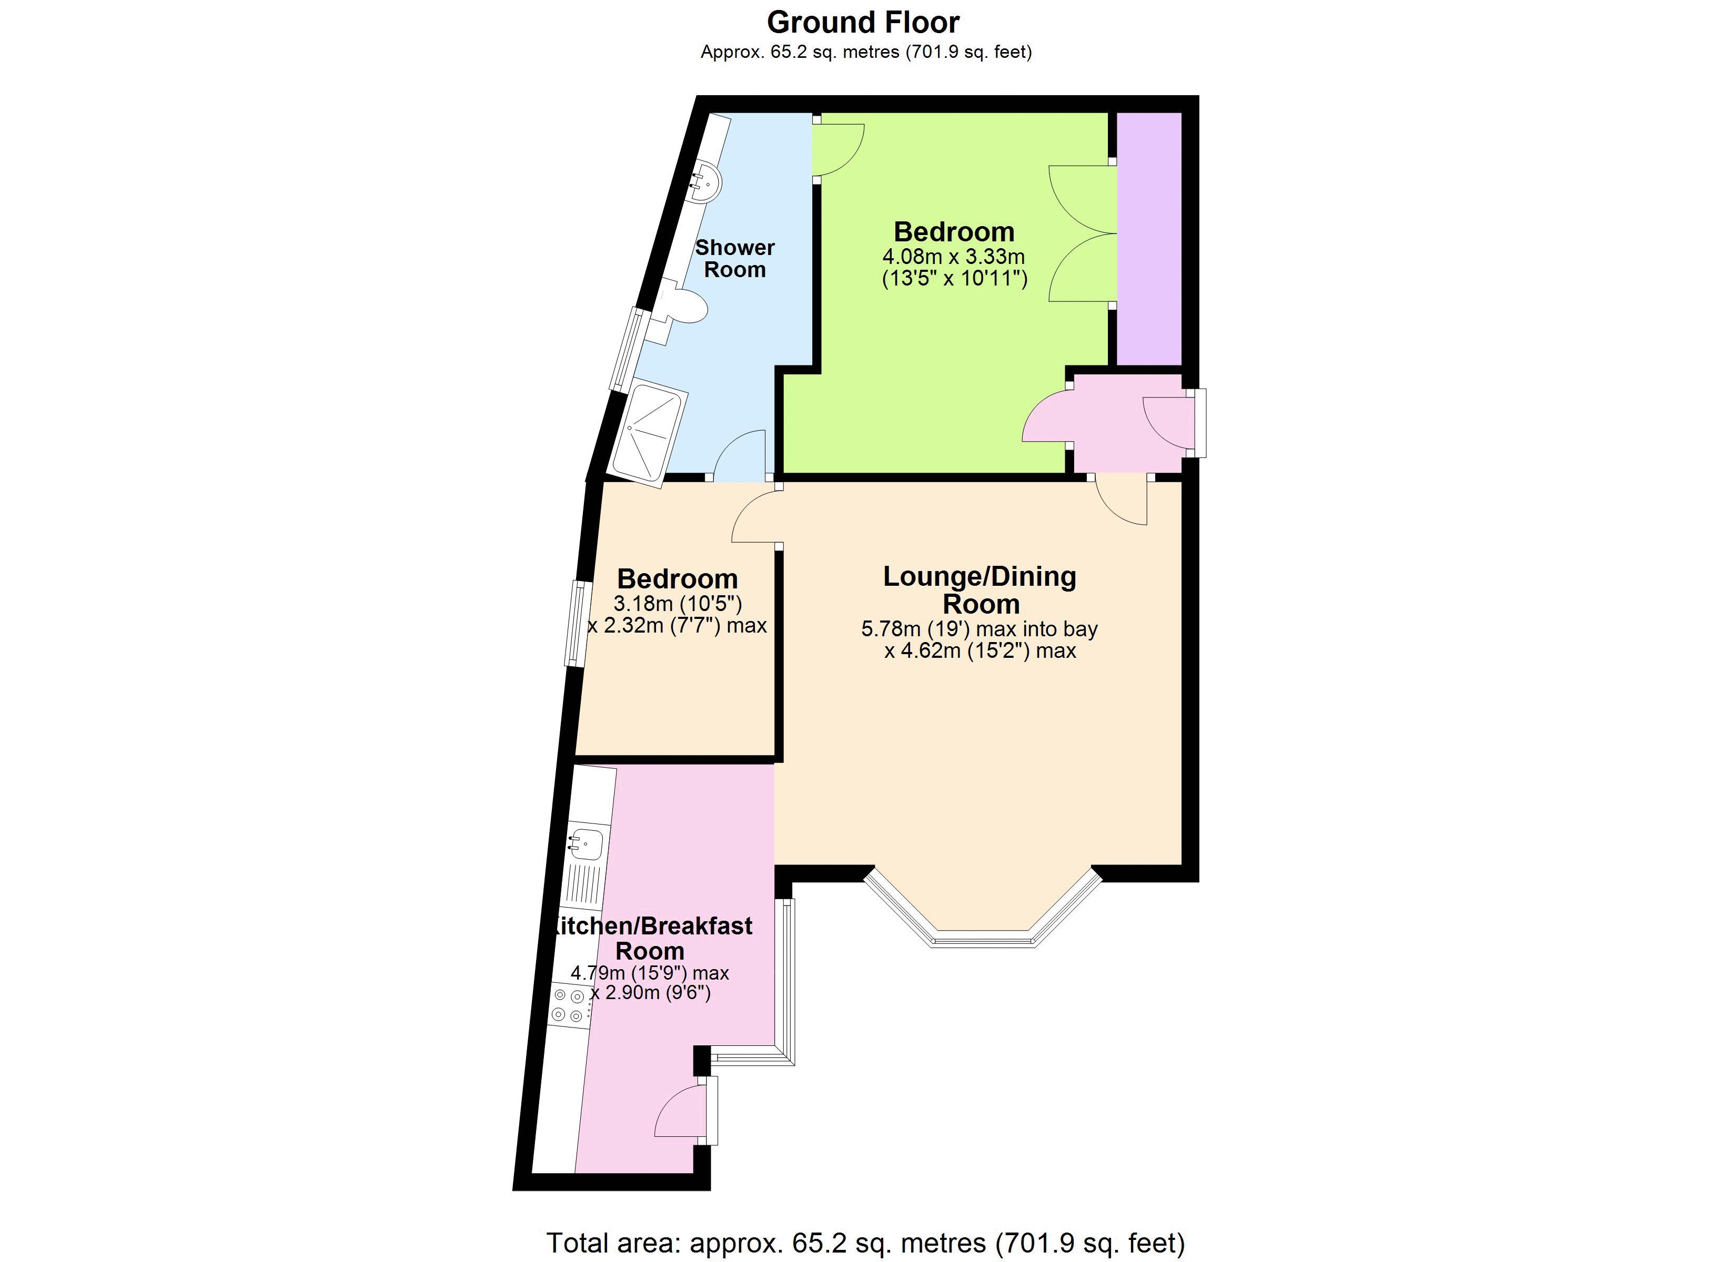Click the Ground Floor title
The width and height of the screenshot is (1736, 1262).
pos(863,23)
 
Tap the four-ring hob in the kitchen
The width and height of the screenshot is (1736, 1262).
pos(568,1005)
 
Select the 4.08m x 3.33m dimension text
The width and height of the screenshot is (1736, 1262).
pos(954,257)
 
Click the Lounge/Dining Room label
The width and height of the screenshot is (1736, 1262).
pos(980,590)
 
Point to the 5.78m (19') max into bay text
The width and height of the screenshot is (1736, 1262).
pos(979,629)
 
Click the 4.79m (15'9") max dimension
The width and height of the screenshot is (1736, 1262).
pos(649,973)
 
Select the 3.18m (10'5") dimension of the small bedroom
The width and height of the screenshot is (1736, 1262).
pos(678,604)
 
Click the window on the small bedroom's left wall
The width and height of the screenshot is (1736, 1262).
pos(577,624)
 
